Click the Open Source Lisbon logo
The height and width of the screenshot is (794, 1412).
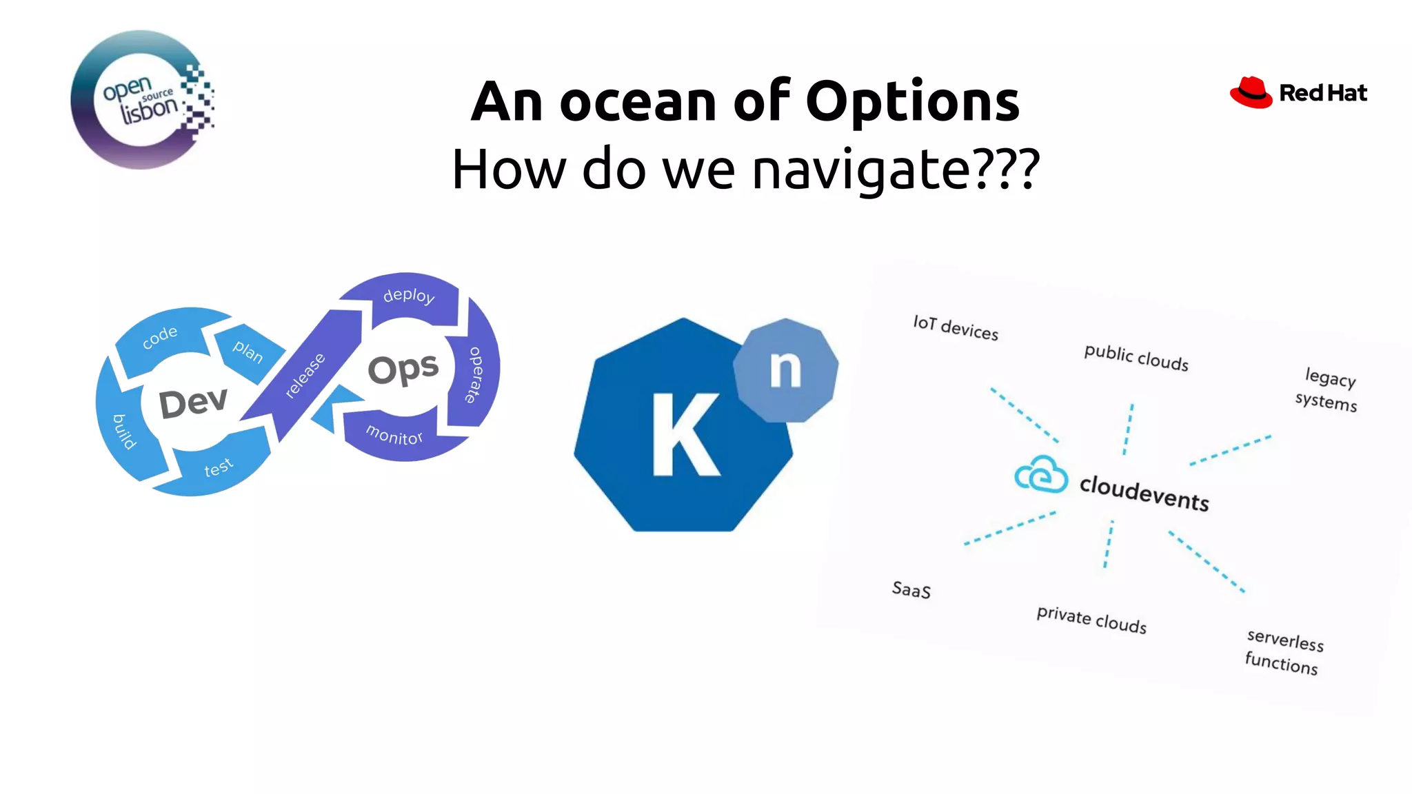141,100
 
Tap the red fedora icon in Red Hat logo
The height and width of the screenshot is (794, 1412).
1251,93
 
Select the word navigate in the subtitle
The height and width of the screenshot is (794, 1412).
859,170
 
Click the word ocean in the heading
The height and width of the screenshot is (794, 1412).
638,102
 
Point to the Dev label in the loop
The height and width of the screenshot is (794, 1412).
192,403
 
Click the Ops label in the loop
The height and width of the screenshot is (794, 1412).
403,369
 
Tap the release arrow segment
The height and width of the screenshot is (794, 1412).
305,376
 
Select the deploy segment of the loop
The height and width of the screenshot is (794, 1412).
409,296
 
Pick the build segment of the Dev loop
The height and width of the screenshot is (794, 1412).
125,431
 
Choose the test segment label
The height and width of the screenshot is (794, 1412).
219,468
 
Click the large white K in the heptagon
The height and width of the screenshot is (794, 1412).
684,436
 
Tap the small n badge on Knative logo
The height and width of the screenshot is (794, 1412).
785,369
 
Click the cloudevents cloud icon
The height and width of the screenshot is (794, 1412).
1041,475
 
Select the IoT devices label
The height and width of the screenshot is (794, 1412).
956,328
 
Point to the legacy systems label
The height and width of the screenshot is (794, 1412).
1328,389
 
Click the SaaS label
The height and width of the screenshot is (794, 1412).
911,590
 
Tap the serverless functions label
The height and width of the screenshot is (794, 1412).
1284,651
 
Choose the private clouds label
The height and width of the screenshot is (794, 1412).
1091,619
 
